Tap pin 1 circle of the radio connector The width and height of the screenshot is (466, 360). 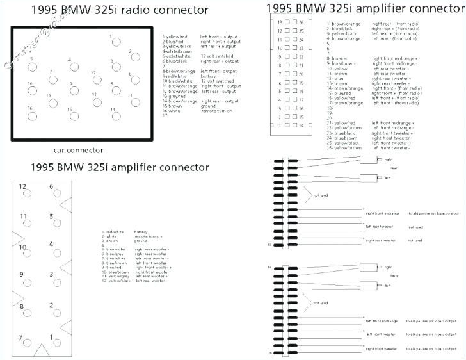pyautogui.click(x=115, y=44)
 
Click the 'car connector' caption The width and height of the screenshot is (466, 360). pyautogui.click(x=78, y=151)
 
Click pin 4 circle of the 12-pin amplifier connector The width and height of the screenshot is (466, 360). pyautogui.click(x=52, y=252)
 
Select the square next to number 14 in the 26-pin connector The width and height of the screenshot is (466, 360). pyautogui.click(x=293, y=125)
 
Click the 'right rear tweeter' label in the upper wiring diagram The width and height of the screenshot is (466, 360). pyautogui.click(x=382, y=240)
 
